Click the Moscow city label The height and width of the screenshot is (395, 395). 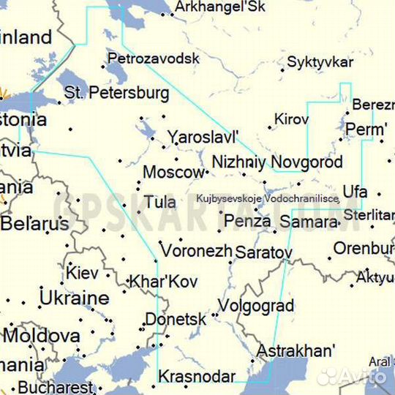173,173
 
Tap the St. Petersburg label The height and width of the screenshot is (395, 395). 116,93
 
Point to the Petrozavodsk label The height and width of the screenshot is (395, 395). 153,58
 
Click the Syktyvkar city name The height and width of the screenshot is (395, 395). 320,62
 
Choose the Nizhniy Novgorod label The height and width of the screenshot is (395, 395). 276,162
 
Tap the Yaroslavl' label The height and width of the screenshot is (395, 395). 203,137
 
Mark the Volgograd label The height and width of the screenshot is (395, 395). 256,306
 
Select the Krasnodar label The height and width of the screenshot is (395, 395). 197,377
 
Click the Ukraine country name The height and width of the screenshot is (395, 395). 74,298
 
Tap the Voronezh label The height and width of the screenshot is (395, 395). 196,249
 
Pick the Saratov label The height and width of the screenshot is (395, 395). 263,253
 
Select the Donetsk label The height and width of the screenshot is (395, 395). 176,320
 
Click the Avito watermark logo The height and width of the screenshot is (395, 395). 351,376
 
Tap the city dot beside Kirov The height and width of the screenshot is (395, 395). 269,127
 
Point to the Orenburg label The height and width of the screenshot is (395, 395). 364,248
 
